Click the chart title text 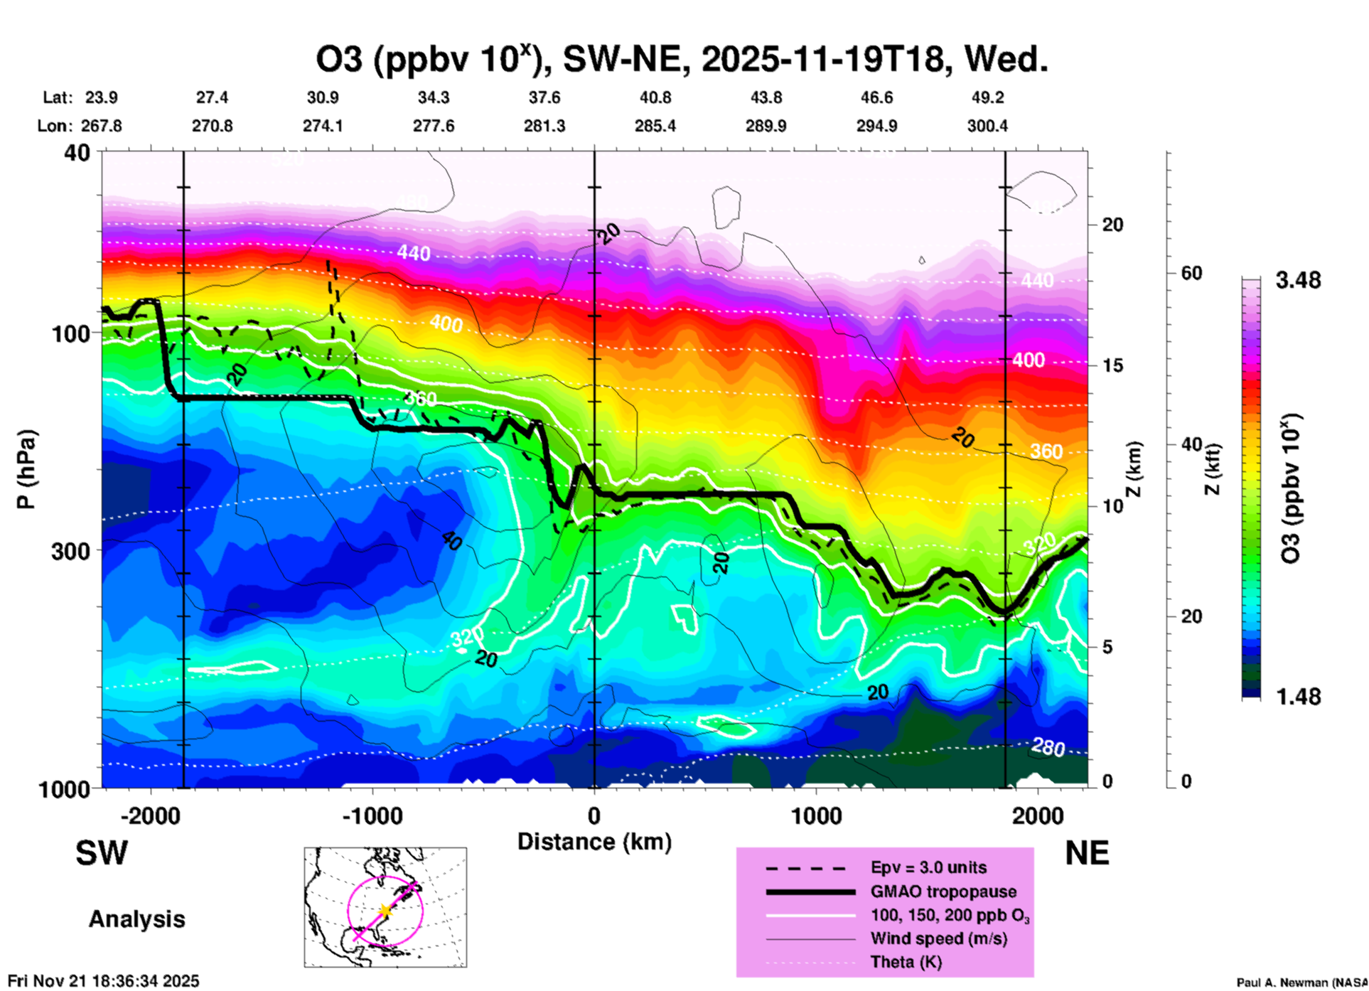pyautogui.click(x=682, y=59)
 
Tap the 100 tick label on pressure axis pyautogui.click(x=71, y=333)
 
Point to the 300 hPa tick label pyautogui.click(x=71, y=550)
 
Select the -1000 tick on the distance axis pyautogui.click(x=372, y=815)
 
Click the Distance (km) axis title pyautogui.click(x=594, y=842)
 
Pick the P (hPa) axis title pyautogui.click(x=26, y=469)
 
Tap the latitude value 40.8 pyautogui.click(x=655, y=97)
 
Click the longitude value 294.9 pyautogui.click(x=876, y=126)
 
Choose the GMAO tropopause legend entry pyautogui.click(x=943, y=891)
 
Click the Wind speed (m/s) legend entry pyautogui.click(x=938, y=938)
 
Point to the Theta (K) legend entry pyautogui.click(x=906, y=962)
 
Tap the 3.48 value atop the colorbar pyautogui.click(x=1298, y=280)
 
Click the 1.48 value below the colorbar pyautogui.click(x=1298, y=697)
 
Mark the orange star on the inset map pyautogui.click(x=385, y=910)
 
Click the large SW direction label pyautogui.click(x=102, y=853)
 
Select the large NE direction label pyautogui.click(x=1087, y=853)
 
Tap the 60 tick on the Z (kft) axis pyautogui.click(x=1191, y=273)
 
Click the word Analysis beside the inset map pyautogui.click(x=136, y=919)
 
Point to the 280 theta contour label pyautogui.click(x=1047, y=747)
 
